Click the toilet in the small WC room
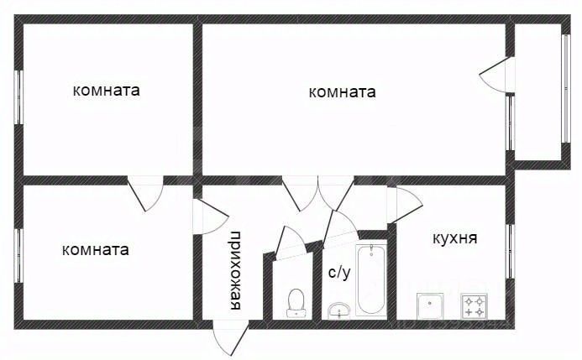[296, 303]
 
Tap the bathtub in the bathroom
[371, 279]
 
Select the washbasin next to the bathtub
[339, 310]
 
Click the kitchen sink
[430, 305]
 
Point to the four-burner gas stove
[474, 305]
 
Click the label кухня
[454, 238]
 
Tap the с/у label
[339, 273]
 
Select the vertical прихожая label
[235, 270]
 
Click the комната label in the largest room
[342, 92]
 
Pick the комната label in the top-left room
[106, 91]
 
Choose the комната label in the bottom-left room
[96, 249]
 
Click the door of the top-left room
[145, 194]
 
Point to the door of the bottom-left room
[210, 217]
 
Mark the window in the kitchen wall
[510, 252]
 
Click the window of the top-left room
[18, 97]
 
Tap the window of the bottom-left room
[18, 256]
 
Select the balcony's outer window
[566, 89]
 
